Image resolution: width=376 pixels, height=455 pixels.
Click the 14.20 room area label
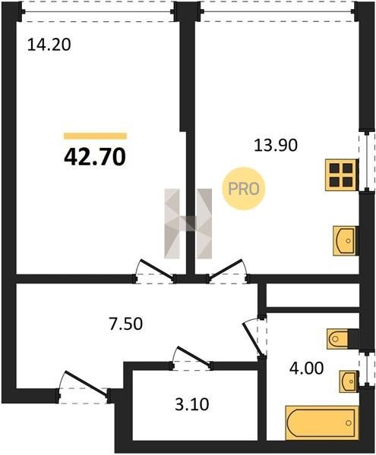tap(49, 45)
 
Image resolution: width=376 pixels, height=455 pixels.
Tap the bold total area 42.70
tap(95, 157)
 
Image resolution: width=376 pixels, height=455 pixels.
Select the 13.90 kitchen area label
tap(276, 146)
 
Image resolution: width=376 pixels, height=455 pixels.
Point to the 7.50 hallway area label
tap(126, 324)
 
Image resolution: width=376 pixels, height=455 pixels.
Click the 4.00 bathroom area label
tap(306, 369)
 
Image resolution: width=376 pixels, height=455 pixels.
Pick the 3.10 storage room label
tap(191, 404)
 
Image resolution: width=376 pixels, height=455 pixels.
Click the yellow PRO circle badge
tap(244, 189)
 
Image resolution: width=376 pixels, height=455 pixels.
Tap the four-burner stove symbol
tap(341, 174)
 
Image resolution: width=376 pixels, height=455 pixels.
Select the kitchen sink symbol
tap(345, 240)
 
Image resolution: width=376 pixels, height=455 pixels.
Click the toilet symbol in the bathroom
tap(339, 338)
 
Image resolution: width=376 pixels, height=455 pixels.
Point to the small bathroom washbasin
tap(348, 381)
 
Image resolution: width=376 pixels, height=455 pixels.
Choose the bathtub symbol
tap(321, 423)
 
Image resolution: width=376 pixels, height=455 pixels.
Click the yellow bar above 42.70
tap(95, 136)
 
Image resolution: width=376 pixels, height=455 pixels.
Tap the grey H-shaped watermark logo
tap(188, 224)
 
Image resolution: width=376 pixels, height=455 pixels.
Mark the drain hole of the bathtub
tap(348, 423)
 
